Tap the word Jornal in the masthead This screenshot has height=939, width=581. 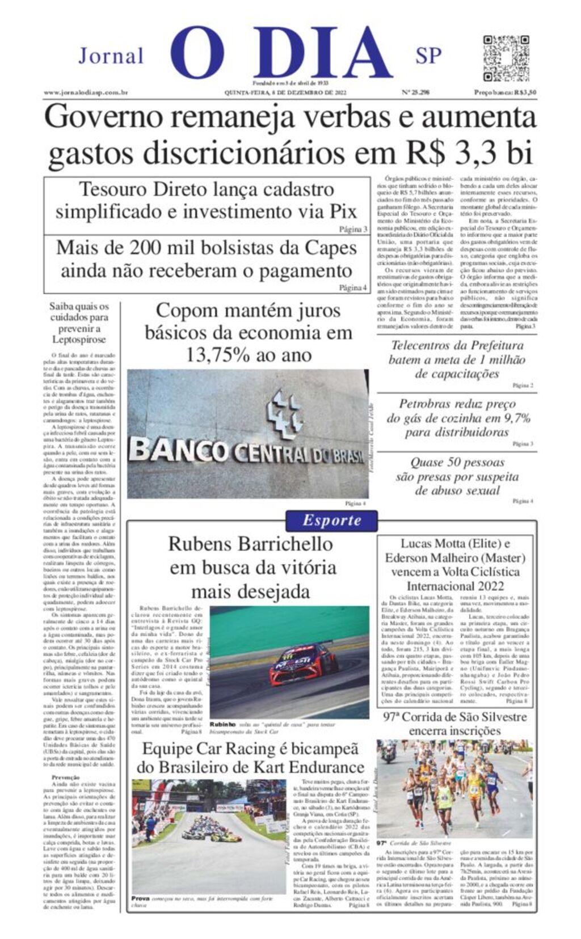111,56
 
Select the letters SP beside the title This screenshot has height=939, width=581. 428,56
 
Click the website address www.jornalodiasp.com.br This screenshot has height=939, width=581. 86,92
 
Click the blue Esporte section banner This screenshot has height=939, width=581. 331,520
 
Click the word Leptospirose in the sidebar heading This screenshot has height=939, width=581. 79,340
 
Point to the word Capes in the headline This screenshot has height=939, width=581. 331,248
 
